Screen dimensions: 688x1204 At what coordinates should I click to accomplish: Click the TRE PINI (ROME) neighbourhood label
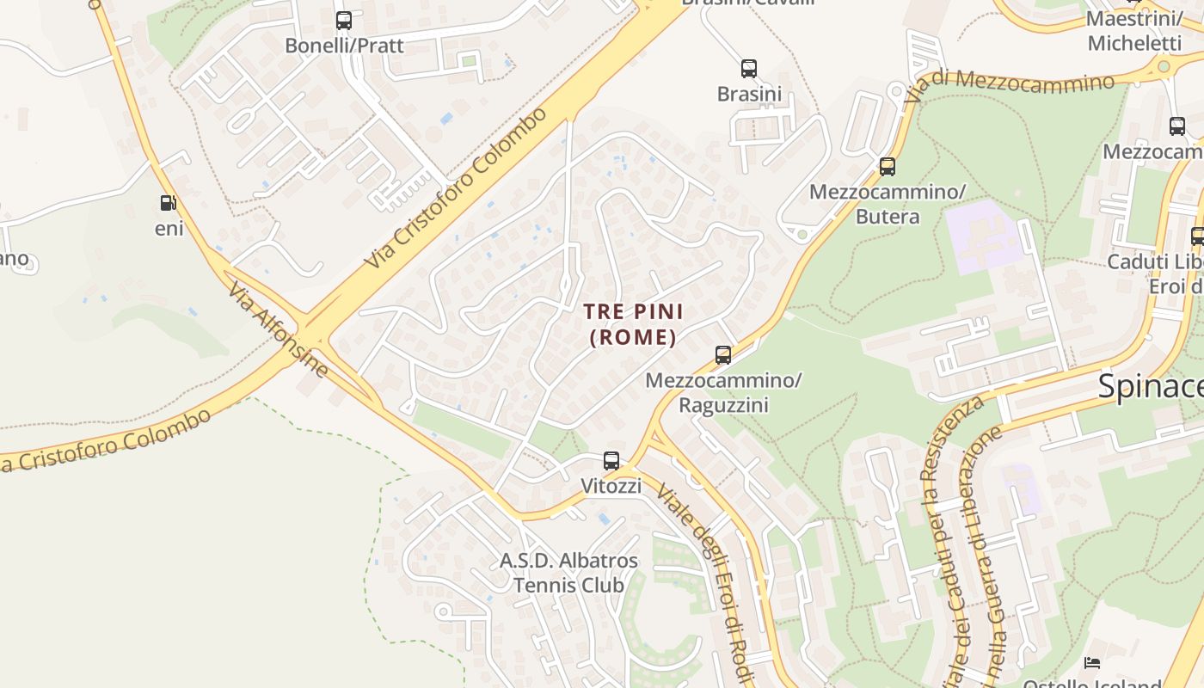[x=633, y=323]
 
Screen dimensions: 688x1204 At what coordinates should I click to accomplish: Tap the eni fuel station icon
[x=168, y=203]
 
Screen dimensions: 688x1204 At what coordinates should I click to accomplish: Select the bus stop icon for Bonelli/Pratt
[x=343, y=20]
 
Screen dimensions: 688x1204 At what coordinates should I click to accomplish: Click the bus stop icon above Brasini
[x=749, y=68]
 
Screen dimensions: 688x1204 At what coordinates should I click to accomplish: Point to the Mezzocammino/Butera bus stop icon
[x=887, y=166]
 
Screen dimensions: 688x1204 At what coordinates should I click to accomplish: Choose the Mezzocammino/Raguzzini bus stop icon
[x=723, y=354]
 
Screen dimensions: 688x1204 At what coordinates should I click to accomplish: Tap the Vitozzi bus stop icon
[x=611, y=460]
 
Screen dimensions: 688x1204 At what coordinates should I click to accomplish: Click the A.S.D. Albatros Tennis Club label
[x=569, y=573]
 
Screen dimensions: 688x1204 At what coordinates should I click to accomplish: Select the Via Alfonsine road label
[x=278, y=329]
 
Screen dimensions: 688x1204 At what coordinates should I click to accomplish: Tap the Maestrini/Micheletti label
[x=1134, y=31]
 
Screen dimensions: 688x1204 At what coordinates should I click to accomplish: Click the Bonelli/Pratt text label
[x=343, y=46]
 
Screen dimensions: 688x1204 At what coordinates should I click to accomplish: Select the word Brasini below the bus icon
[x=749, y=94]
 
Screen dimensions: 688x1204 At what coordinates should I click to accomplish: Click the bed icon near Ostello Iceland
[x=1092, y=662]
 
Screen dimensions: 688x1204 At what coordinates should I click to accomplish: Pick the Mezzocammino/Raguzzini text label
[x=723, y=392]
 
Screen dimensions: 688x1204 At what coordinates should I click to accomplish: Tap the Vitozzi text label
[x=611, y=486]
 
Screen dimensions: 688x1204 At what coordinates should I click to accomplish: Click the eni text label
[x=169, y=229]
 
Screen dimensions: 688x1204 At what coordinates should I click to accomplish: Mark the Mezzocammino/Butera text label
[x=888, y=204]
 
